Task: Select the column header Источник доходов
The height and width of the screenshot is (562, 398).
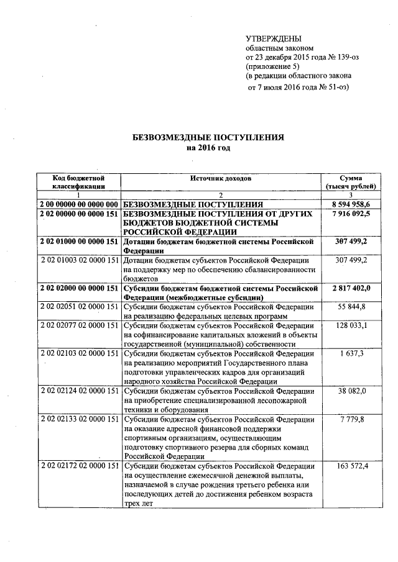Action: [x=221, y=178]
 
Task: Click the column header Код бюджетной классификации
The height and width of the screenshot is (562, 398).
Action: [x=78, y=182]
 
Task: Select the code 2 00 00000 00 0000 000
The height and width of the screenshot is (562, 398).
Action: [x=78, y=204]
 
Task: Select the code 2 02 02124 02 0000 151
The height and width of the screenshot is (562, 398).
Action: [x=78, y=391]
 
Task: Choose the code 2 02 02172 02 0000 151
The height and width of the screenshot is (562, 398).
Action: [x=78, y=466]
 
